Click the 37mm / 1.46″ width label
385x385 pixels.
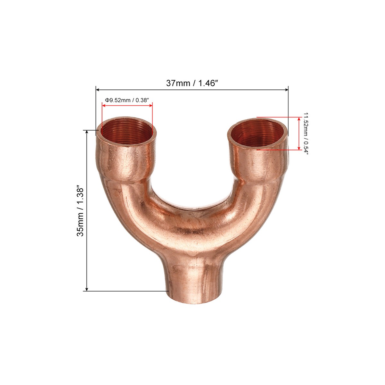(192, 83)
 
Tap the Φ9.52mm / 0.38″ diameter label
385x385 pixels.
(127, 100)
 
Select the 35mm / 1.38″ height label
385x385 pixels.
(80, 211)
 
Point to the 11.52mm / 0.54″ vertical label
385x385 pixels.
(306, 133)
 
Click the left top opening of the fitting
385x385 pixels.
(127, 132)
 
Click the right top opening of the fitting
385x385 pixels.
(258, 133)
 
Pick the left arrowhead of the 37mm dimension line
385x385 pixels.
(98, 90)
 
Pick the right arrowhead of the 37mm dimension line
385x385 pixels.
(286, 90)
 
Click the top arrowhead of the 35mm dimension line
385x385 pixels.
(87, 132)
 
